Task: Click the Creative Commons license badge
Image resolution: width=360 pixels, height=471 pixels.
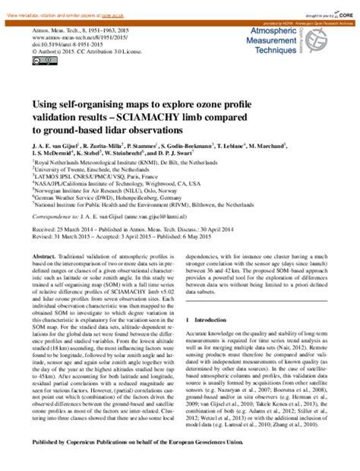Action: click(x=39, y=62)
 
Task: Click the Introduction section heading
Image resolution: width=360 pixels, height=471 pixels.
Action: click(x=216, y=299)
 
